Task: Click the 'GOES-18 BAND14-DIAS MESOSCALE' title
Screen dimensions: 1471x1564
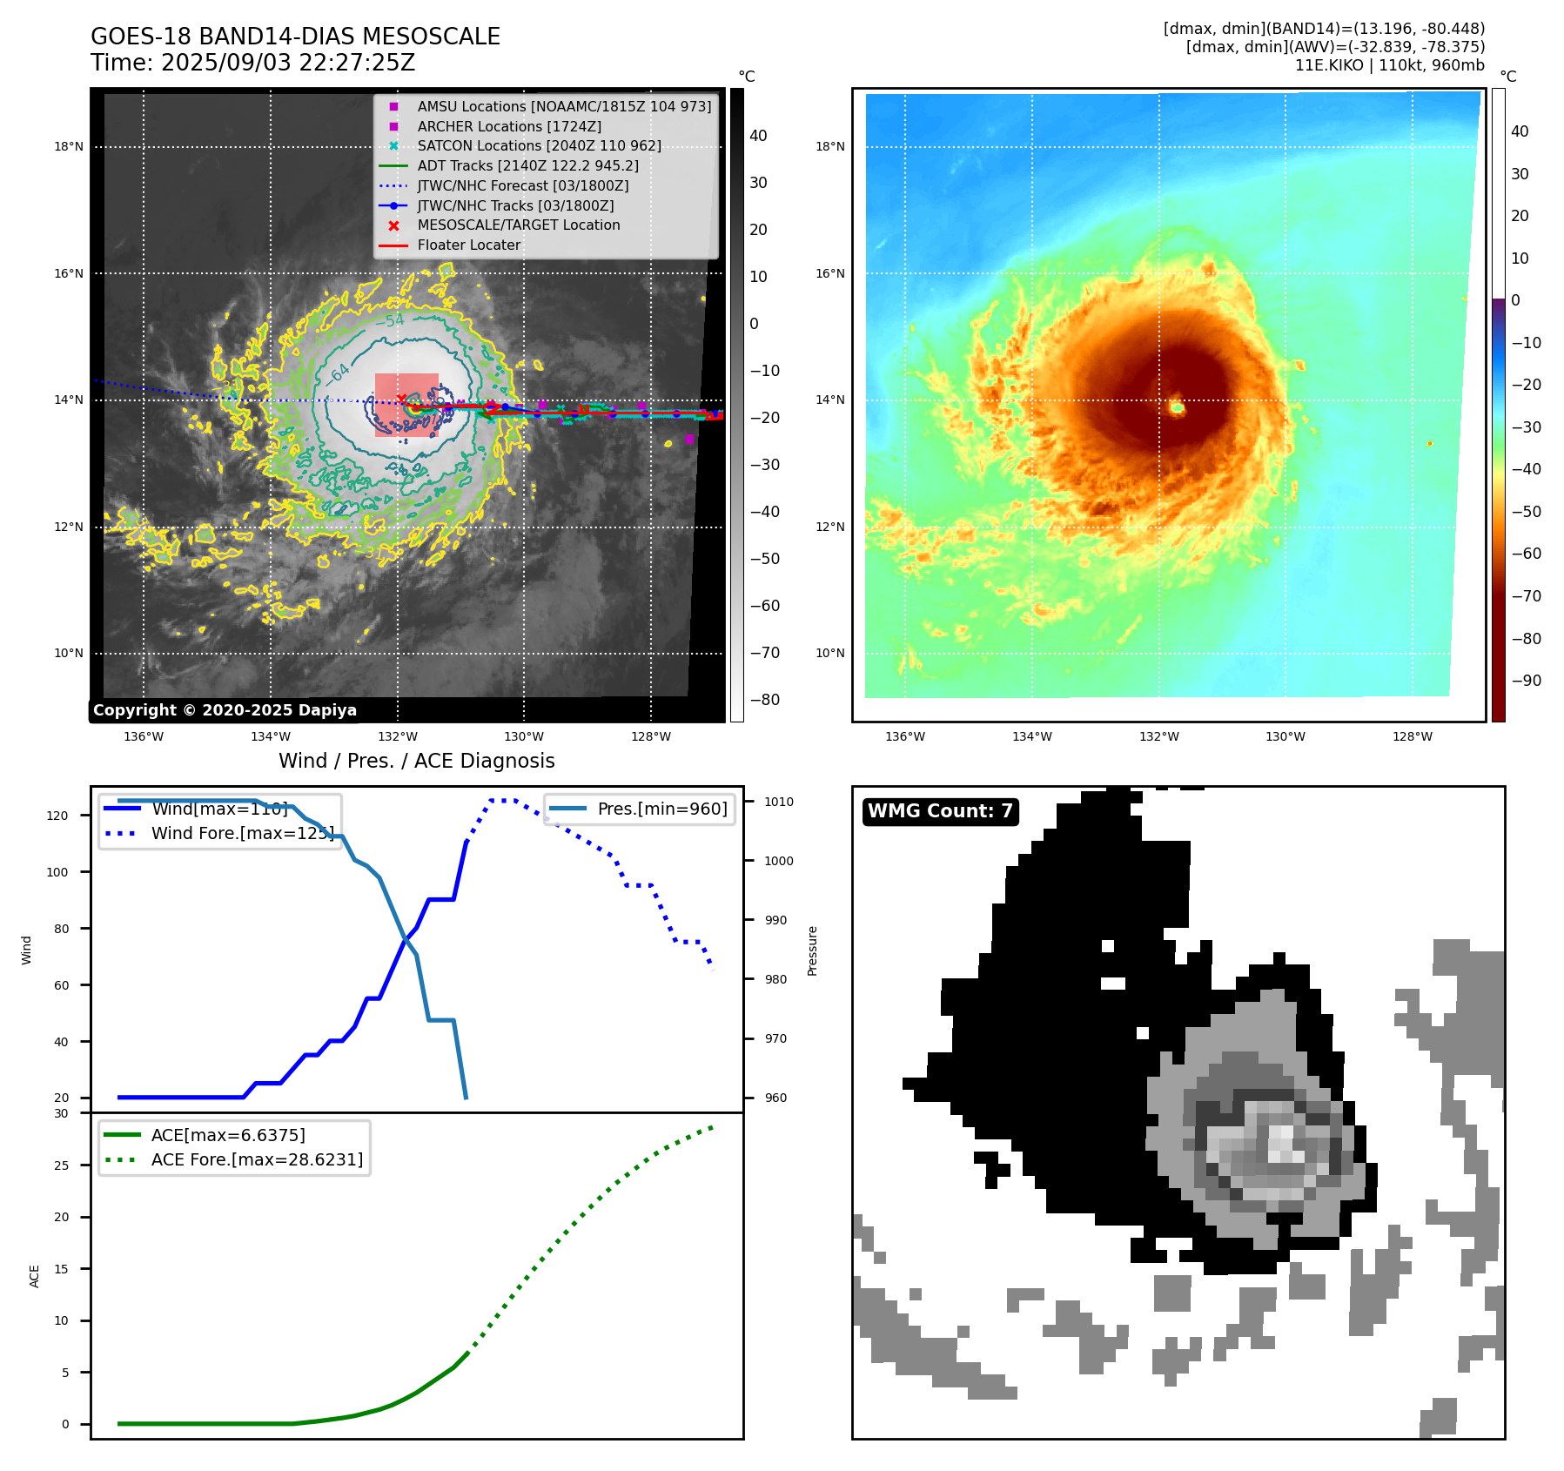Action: click(295, 37)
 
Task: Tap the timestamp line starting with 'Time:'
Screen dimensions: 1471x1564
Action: click(252, 63)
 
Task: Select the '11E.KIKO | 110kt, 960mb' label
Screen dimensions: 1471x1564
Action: click(1389, 65)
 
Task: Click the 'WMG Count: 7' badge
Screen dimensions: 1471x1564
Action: click(940, 811)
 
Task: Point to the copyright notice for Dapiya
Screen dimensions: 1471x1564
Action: click(225, 710)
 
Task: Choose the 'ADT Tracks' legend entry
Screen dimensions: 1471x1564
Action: click(527, 165)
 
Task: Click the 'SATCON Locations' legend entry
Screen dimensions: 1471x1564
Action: click(539, 145)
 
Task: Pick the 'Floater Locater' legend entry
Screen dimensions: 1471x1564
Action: click(468, 245)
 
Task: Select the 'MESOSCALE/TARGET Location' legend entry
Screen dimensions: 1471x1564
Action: click(519, 225)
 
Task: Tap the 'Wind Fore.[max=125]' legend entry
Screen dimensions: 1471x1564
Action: click(242, 833)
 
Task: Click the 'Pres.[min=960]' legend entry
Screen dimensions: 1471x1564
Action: click(661, 809)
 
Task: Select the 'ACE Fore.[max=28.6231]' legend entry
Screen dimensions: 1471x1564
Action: click(257, 1159)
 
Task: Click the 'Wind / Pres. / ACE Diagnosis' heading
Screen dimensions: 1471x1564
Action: click(416, 761)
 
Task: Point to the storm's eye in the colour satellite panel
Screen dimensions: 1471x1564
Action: click(1177, 406)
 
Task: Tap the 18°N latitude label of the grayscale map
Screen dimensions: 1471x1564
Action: click(69, 146)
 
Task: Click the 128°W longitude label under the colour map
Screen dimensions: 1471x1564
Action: click(1412, 736)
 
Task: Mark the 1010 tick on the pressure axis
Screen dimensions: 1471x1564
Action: click(779, 802)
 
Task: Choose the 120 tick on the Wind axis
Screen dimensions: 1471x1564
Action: click(57, 816)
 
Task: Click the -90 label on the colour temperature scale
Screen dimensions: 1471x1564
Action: click(1526, 681)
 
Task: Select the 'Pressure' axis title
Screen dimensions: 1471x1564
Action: click(812, 950)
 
